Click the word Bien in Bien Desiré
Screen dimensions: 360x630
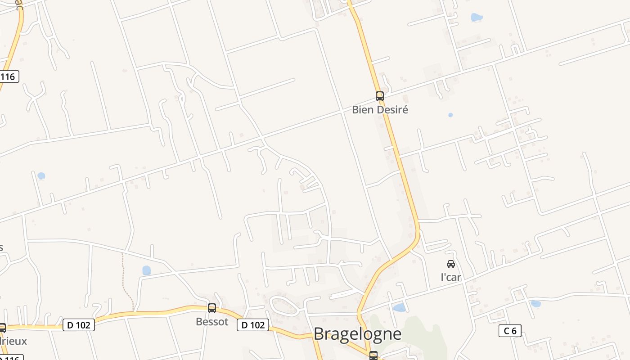(x=362, y=109)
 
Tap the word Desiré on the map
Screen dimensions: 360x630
(x=392, y=109)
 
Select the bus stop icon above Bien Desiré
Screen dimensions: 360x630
(x=380, y=96)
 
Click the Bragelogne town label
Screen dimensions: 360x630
(x=357, y=334)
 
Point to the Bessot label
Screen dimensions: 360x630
(x=212, y=322)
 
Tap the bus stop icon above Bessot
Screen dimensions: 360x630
(x=212, y=308)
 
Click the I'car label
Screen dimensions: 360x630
(x=451, y=277)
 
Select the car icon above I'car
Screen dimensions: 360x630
(x=451, y=264)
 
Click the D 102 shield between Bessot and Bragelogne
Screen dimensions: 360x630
(x=253, y=325)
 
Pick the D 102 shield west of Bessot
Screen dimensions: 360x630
(x=79, y=325)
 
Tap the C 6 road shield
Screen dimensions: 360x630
(x=510, y=331)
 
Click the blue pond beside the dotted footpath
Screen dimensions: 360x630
(x=147, y=270)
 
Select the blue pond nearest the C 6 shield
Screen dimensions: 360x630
(x=535, y=304)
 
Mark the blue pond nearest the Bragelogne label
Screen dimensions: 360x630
(x=399, y=308)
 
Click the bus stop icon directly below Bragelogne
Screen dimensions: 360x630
(x=373, y=355)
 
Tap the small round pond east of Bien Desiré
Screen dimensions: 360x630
(x=450, y=115)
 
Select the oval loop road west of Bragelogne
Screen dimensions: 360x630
(x=284, y=306)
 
